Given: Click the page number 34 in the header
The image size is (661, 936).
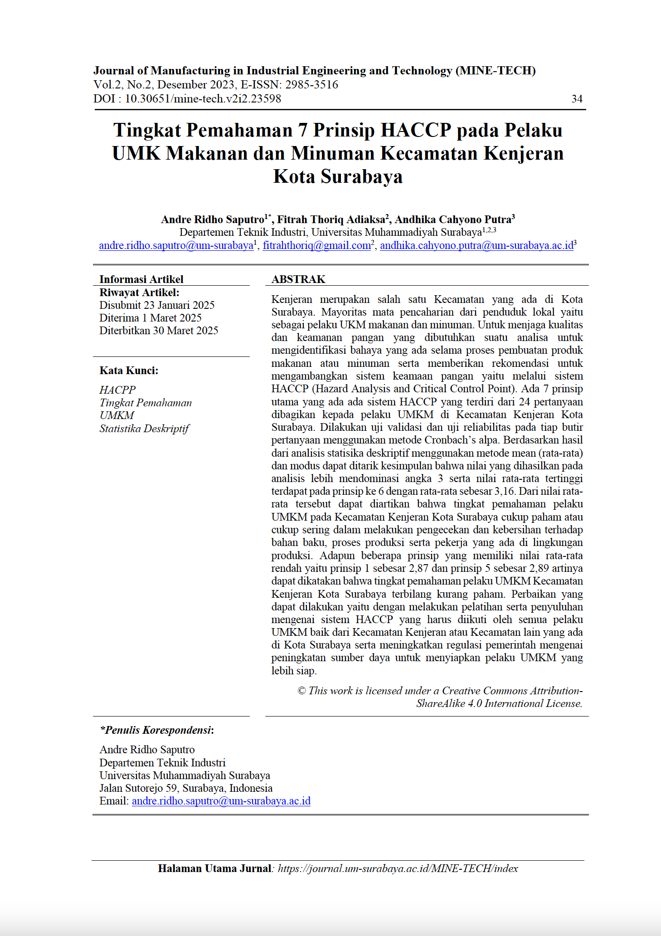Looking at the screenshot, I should click(577, 99).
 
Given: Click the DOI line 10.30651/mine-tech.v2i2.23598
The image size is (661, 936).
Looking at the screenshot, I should click(203, 99).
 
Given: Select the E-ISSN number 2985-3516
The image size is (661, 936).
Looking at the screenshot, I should click(311, 85).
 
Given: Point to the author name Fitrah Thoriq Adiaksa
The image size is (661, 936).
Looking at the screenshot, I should click(331, 220).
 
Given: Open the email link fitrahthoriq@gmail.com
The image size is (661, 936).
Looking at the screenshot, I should click(316, 246).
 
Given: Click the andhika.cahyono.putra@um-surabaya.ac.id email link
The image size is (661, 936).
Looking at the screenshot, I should click(476, 246).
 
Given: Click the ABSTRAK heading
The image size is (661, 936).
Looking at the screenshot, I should click(298, 279).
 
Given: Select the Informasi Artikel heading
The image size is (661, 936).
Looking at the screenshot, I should click(141, 279).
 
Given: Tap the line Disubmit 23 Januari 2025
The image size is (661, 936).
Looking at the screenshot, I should click(157, 305).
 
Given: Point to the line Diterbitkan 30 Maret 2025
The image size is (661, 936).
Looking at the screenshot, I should click(159, 331).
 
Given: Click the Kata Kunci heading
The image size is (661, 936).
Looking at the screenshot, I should click(129, 370).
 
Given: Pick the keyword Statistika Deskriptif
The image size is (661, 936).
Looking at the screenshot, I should click(144, 429).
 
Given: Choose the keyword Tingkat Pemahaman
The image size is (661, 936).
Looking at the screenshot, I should click(146, 403).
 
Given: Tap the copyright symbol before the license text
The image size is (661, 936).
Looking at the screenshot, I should click(301, 691).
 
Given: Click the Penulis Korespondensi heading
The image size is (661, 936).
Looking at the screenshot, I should click(157, 730).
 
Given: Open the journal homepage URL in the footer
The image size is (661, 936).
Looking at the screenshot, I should click(398, 868).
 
